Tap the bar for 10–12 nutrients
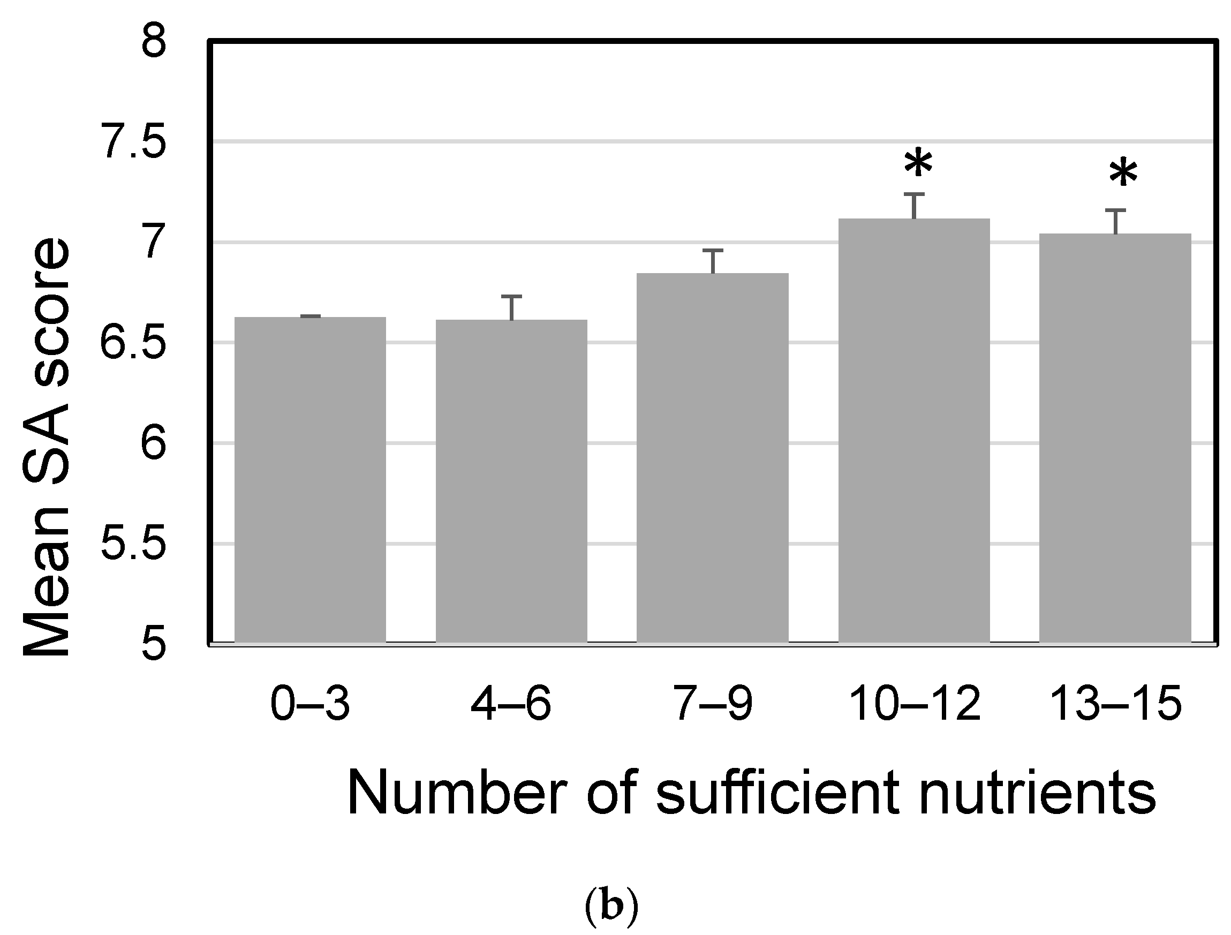pyautogui.click(x=915, y=432)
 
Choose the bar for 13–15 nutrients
pyautogui.click(x=1115, y=440)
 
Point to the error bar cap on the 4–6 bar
pyautogui.click(x=511, y=297)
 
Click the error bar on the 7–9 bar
pyautogui.click(x=713, y=261)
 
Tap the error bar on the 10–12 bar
pyautogui.click(x=915, y=206)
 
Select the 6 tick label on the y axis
pyautogui.click(x=154, y=443)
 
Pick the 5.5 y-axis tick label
pyautogui.click(x=133, y=544)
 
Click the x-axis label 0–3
pyautogui.click(x=310, y=704)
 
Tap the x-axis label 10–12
pyautogui.click(x=916, y=704)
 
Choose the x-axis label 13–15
pyautogui.click(x=1116, y=704)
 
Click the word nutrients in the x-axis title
pyautogui.click(x=1037, y=793)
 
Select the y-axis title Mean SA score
pyautogui.click(x=47, y=448)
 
